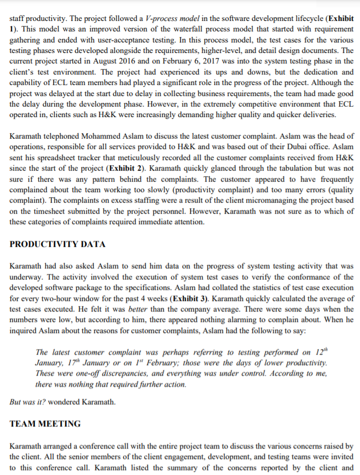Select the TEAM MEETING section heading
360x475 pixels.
pos(45,424)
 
